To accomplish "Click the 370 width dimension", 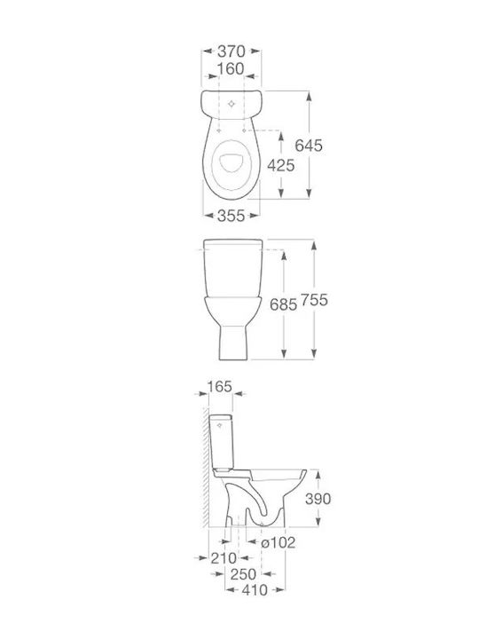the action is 231,51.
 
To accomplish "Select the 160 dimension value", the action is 231,69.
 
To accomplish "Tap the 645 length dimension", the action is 309,145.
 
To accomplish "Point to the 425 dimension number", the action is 281,165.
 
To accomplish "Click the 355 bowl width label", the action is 231,216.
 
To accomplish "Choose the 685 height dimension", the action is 284,304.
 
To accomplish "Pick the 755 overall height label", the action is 314,300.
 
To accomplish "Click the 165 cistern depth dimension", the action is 220,386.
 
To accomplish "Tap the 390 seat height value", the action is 318,499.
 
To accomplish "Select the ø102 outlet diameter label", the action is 279,542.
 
